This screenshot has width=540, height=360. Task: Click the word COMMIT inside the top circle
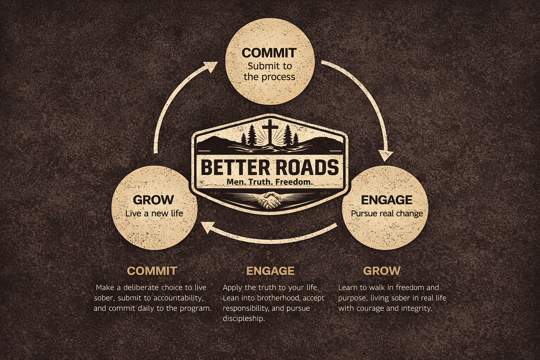[269, 53]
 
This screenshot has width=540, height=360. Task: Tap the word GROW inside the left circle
[153, 200]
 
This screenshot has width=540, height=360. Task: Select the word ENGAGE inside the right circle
[386, 200]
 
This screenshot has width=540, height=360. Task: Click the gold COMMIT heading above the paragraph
[152, 271]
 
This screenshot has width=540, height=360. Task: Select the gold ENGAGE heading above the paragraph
[270, 271]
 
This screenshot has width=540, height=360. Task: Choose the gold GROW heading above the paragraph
[381, 271]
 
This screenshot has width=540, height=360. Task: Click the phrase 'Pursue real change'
[387, 213]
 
